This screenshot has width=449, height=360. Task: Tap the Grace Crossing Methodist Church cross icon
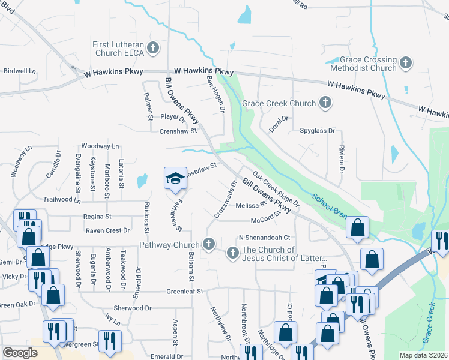(x=406, y=62)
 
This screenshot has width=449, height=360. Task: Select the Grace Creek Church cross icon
(x=325, y=103)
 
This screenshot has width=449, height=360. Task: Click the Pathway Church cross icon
(x=209, y=244)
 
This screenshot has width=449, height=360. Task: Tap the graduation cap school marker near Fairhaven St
(x=175, y=178)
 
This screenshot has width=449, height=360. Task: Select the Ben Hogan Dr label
(x=215, y=95)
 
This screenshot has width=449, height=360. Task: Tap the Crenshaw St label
(x=178, y=131)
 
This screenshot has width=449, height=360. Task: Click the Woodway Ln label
(x=100, y=146)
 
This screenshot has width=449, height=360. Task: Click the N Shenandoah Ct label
(x=264, y=237)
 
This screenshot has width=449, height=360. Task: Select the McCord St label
(x=266, y=220)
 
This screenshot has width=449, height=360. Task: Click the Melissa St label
(x=251, y=205)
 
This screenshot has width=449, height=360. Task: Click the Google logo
(x=19, y=352)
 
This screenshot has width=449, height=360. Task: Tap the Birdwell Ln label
(x=20, y=71)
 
